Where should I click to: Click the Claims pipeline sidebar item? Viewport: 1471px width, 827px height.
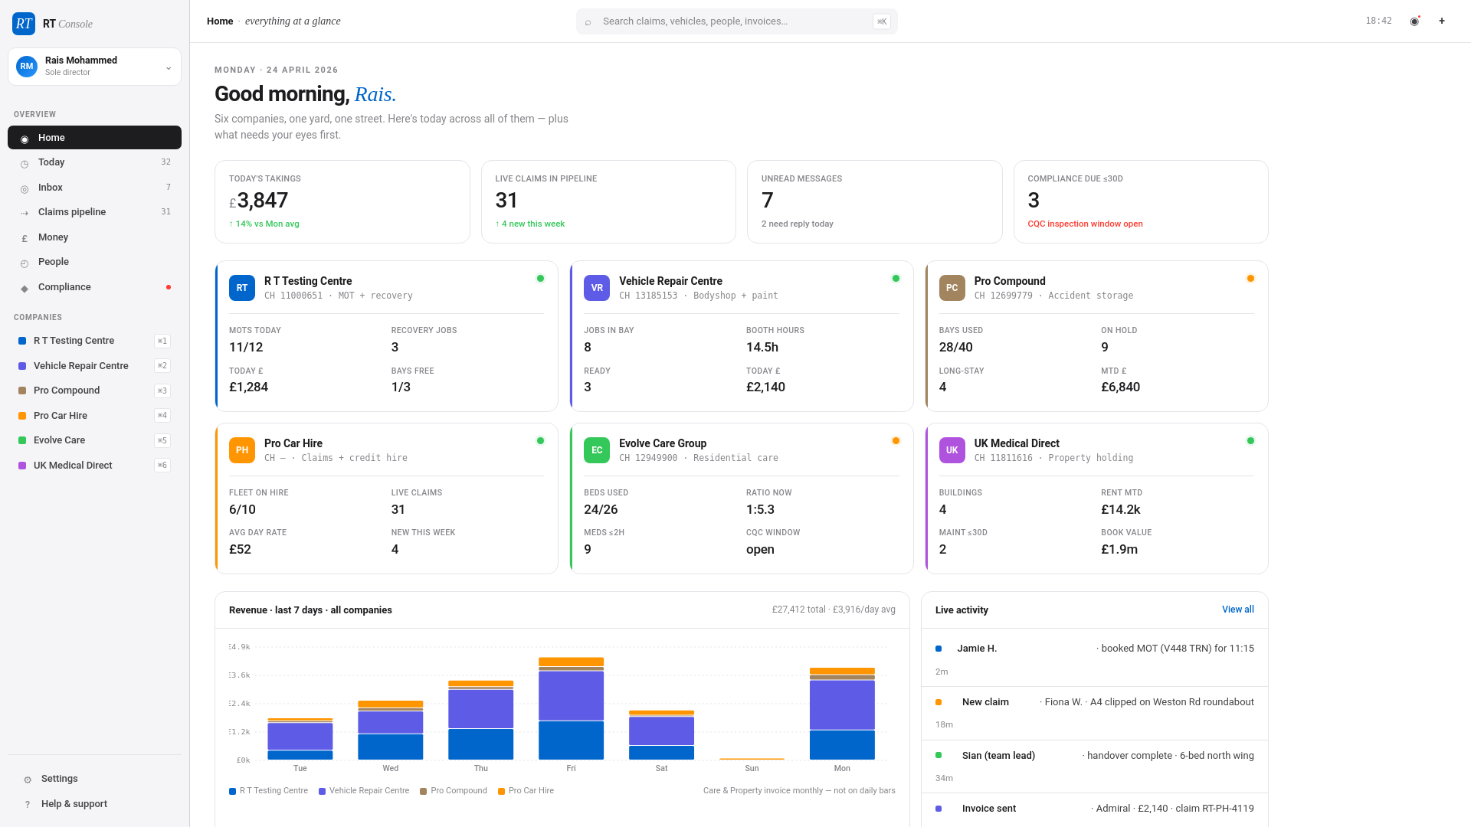pyautogui.click(x=72, y=212)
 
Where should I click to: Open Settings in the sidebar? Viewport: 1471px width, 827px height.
pyautogui.click(x=59, y=779)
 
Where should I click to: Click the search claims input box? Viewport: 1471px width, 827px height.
pyautogui.click(x=735, y=21)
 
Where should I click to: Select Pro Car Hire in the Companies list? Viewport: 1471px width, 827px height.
pyautogui.click(x=61, y=416)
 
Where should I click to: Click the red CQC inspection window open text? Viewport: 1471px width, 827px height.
pyautogui.click(x=1085, y=224)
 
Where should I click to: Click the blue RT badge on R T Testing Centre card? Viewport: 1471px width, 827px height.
pyautogui.click(x=242, y=288)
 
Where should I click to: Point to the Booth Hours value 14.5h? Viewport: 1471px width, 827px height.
pyautogui.click(x=762, y=347)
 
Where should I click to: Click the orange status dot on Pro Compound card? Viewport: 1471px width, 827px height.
pyautogui.click(x=1250, y=279)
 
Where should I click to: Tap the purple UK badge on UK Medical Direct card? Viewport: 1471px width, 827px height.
pyautogui.click(x=952, y=450)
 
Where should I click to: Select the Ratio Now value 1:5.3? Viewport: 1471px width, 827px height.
pyautogui.click(x=760, y=509)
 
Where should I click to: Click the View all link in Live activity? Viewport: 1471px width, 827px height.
pyautogui.click(x=1237, y=610)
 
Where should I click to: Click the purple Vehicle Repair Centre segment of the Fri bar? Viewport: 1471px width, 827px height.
pyautogui.click(x=571, y=695)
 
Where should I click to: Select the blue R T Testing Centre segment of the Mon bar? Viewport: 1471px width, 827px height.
pyautogui.click(x=842, y=744)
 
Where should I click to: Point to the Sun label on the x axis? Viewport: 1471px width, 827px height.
pyautogui.click(x=752, y=768)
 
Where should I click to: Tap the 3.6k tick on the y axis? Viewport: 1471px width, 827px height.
pyautogui.click(x=241, y=675)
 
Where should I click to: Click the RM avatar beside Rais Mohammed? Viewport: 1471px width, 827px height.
pyautogui.click(x=27, y=67)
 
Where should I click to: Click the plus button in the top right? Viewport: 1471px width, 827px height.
pyautogui.click(x=1442, y=21)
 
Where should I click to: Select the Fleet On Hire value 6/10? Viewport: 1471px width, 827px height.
pyautogui.click(x=242, y=509)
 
